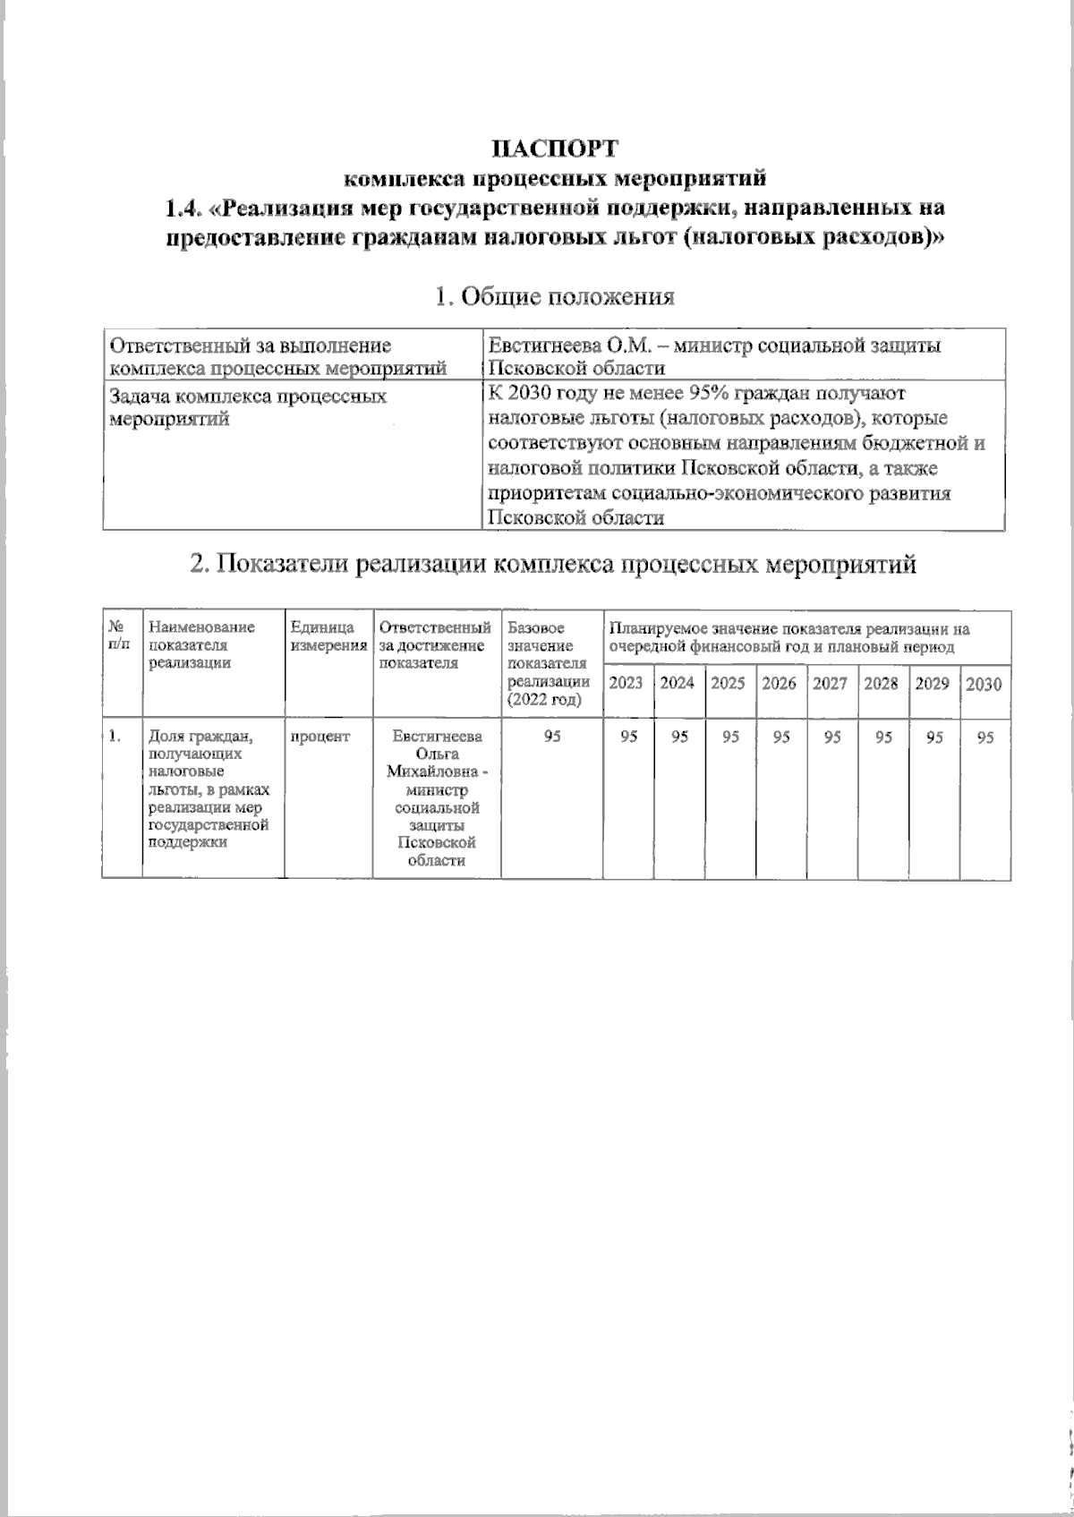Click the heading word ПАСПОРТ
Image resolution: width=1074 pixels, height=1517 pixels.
[x=555, y=147]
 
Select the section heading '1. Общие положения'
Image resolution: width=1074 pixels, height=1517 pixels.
[x=554, y=296]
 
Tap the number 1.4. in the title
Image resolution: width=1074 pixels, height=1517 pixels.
[x=185, y=209]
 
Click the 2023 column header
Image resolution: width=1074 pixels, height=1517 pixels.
[x=626, y=683]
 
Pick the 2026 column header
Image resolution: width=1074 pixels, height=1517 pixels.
[x=780, y=683]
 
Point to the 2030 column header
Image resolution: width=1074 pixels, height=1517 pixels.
[x=984, y=684]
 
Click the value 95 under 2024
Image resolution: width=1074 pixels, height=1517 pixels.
[x=679, y=737]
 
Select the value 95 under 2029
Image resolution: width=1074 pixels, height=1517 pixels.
[x=934, y=737]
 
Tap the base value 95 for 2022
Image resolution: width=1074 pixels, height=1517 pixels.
[x=552, y=737]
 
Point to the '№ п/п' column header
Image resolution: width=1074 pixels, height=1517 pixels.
[x=120, y=635]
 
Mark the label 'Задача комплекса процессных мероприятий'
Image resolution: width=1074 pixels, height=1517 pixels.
[x=247, y=406]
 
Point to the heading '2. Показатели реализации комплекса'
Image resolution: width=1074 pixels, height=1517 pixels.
[x=554, y=564]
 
